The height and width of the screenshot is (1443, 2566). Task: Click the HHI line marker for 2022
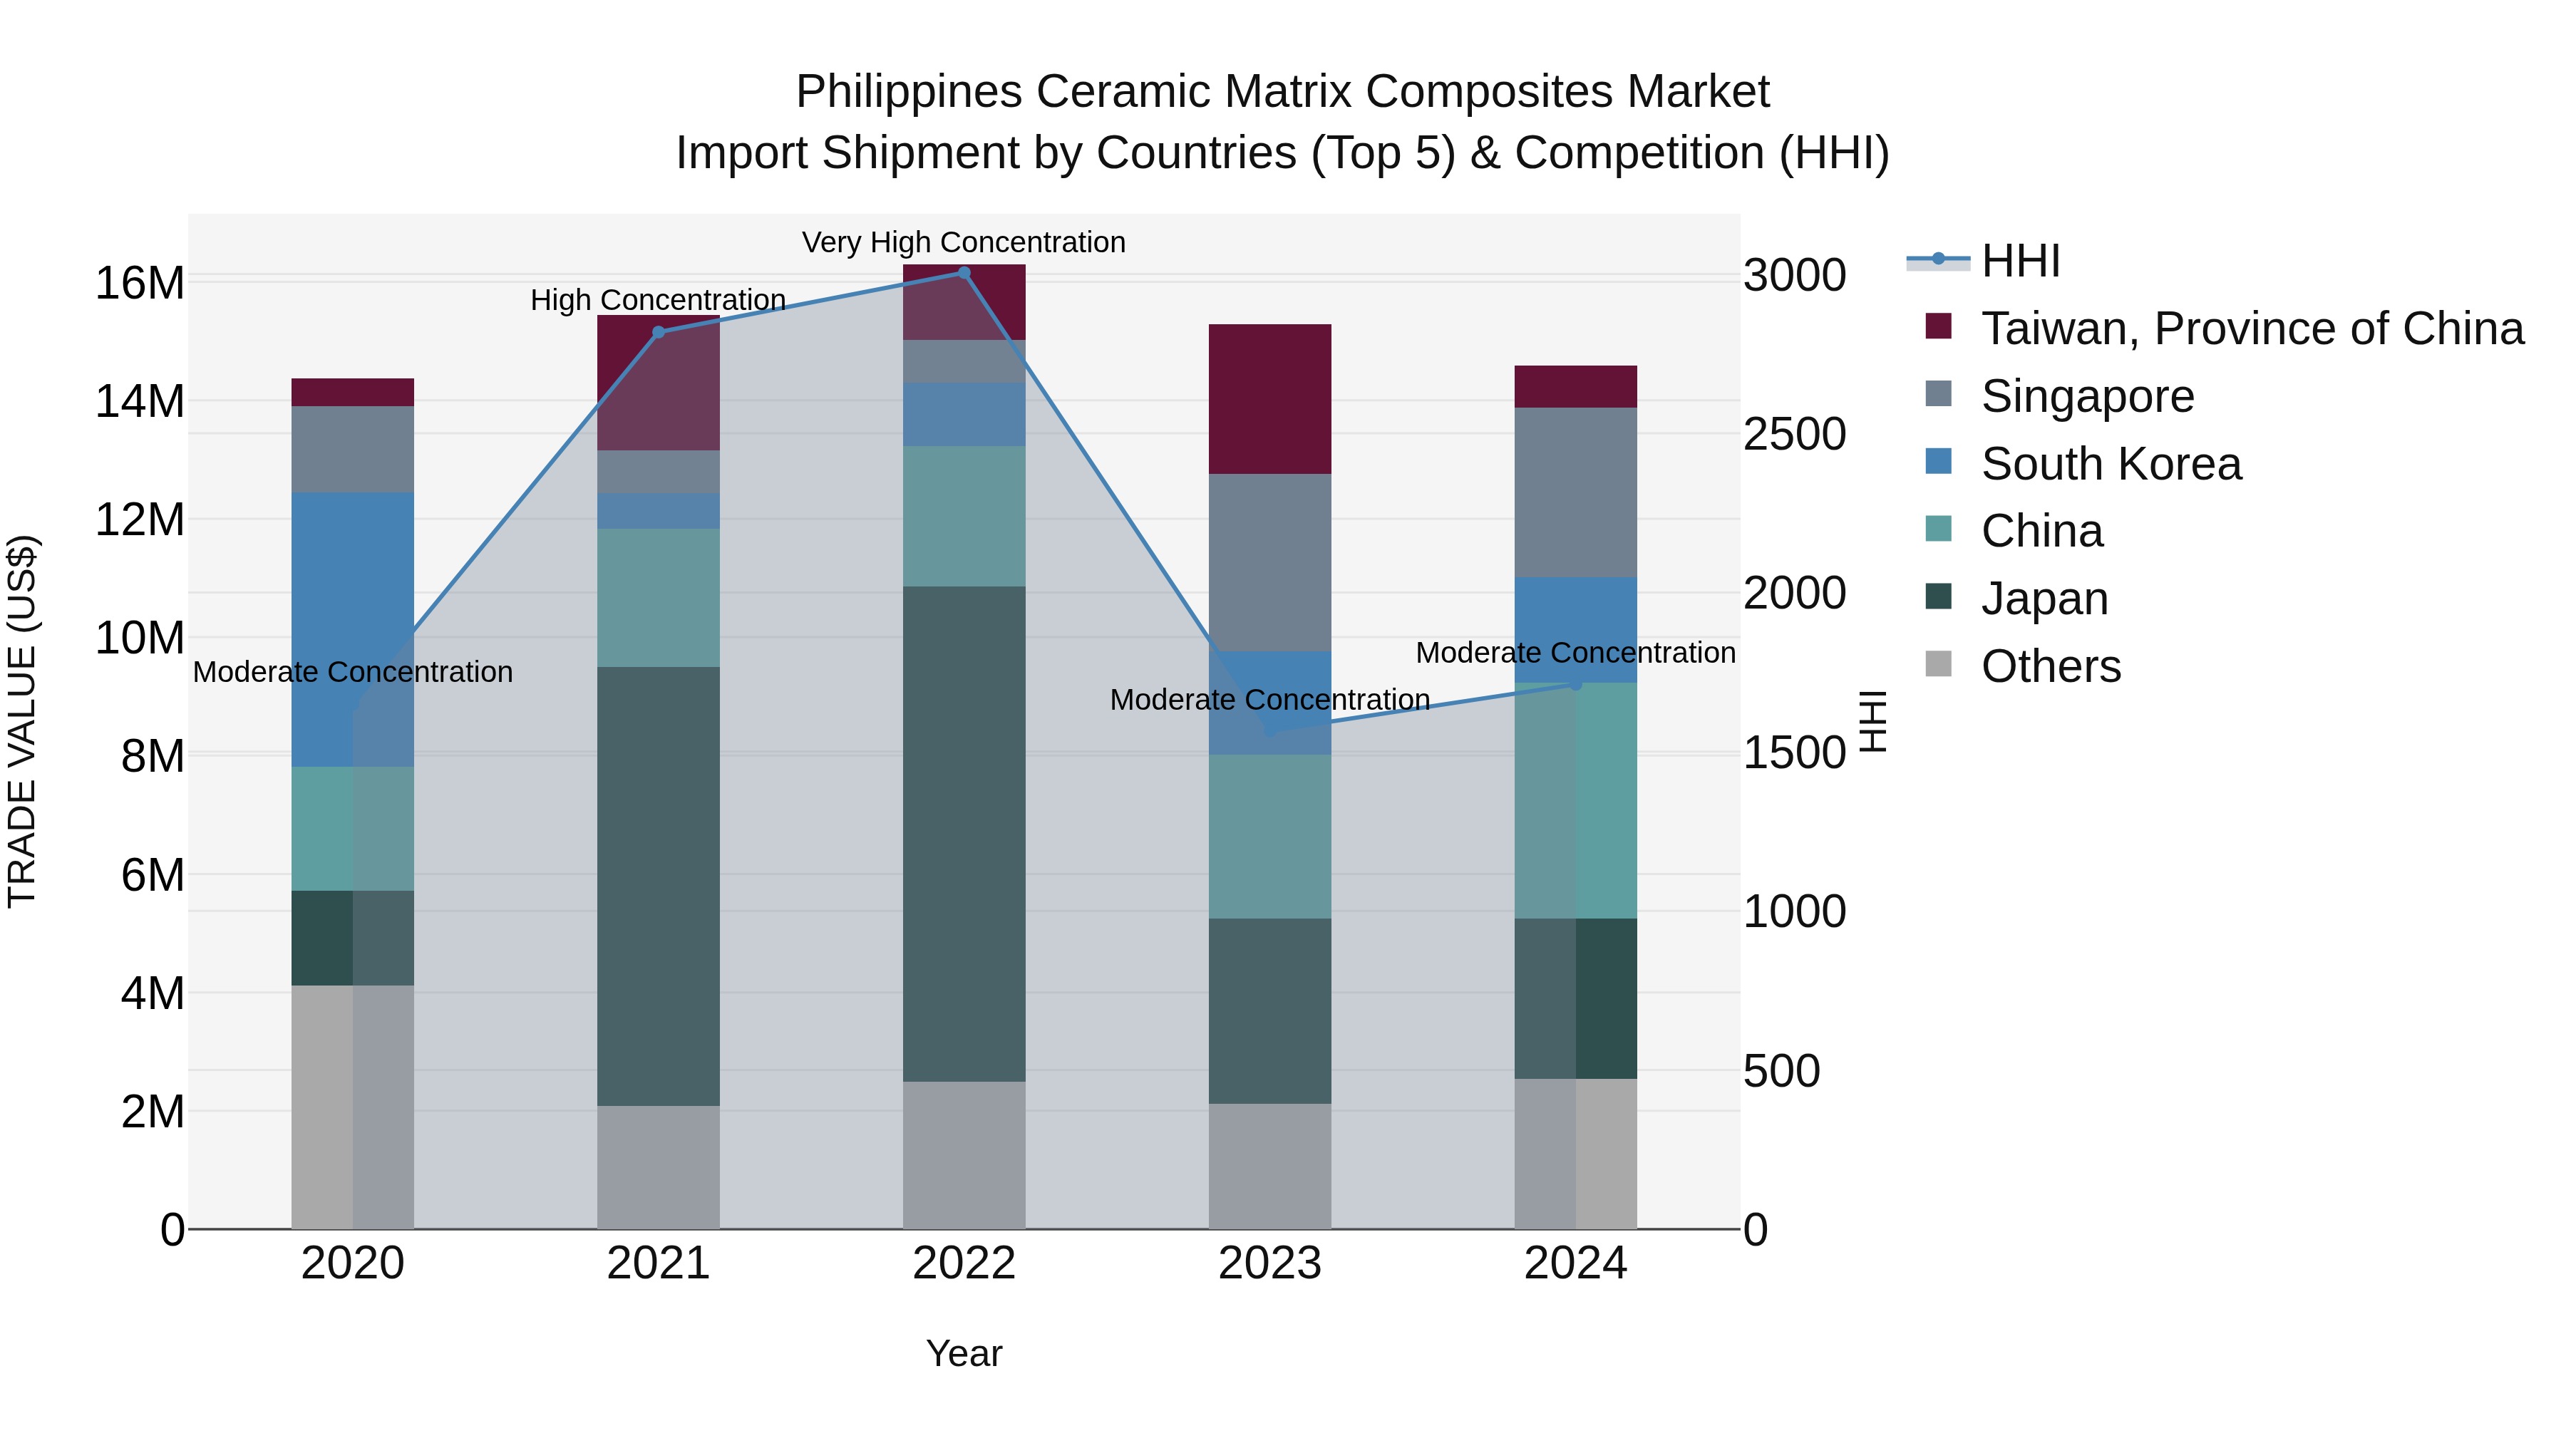[x=963, y=273]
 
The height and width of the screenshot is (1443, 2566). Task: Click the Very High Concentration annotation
[x=963, y=242]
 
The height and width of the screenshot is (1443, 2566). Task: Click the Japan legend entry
[x=2044, y=599]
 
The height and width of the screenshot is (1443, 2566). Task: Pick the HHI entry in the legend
[x=2019, y=261]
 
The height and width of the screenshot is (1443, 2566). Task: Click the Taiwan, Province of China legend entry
[x=2251, y=329]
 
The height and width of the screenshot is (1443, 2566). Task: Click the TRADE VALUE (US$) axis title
[x=22, y=721]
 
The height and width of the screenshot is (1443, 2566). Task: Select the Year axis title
[x=963, y=1353]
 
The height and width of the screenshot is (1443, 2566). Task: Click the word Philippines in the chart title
[x=909, y=92]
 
